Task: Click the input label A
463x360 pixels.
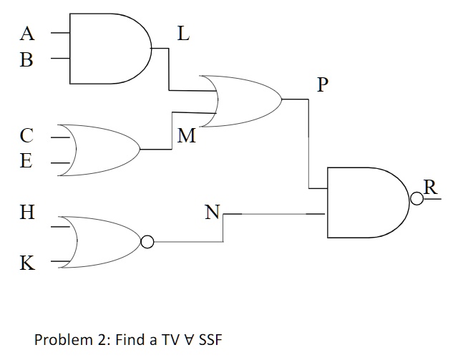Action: click(x=27, y=33)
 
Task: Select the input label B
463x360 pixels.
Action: click(x=26, y=59)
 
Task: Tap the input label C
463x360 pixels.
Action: click(x=26, y=135)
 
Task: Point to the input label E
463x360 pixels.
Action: click(x=26, y=161)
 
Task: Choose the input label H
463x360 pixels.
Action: click(x=27, y=212)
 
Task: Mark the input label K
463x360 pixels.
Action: click(x=26, y=263)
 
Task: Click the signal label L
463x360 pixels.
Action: click(x=183, y=34)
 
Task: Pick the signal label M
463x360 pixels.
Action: click(x=186, y=136)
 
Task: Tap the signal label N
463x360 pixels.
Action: click(x=213, y=212)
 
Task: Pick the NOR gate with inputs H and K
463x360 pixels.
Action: click(x=104, y=242)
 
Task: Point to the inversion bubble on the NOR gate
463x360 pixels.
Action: click(x=147, y=243)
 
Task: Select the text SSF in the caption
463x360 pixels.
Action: click(x=208, y=339)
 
